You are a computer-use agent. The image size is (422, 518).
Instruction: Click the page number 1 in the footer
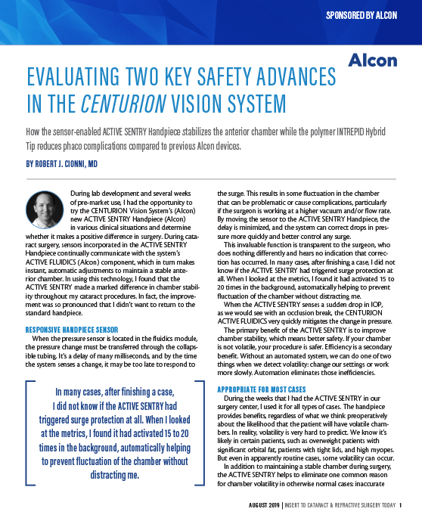(x=400, y=506)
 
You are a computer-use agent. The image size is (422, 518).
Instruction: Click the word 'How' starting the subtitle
(x=34, y=131)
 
